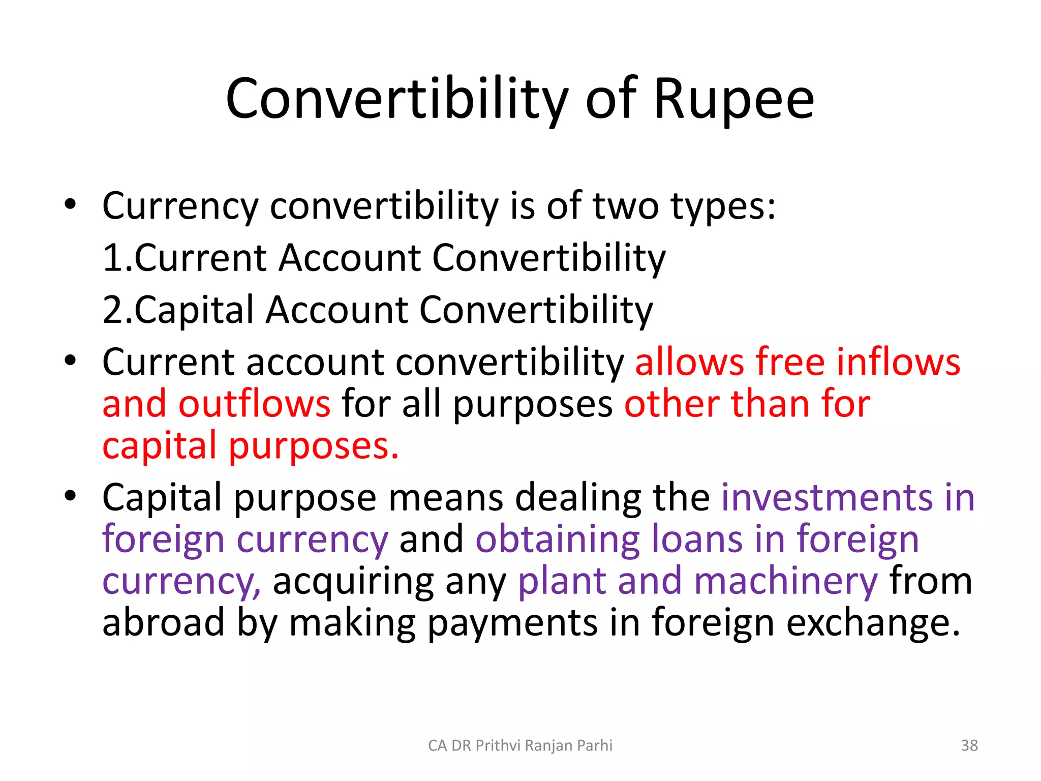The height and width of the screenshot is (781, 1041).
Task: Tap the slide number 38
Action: pyautogui.click(x=969, y=745)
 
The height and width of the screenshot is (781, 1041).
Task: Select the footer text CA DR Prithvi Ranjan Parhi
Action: pyautogui.click(x=520, y=745)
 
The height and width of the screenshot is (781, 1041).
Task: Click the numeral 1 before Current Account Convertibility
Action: pyautogui.click(x=111, y=258)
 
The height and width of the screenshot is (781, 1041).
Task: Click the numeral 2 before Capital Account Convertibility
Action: pyautogui.click(x=111, y=310)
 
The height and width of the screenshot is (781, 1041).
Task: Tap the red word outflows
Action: pyautogui.click(x=254, y=404)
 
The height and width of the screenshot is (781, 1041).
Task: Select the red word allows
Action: pyautogui.click(x=689, y=362)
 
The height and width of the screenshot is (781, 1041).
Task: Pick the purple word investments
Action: pyautogui.click(x=827, y=497)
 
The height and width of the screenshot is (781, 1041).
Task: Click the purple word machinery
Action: pyautogui.click(x=785, y=581)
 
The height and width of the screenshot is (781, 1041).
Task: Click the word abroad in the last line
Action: pyautogui.click(x=163, y=623)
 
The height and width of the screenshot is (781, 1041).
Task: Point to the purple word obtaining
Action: pyautogui.click(x=557, y=539)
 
